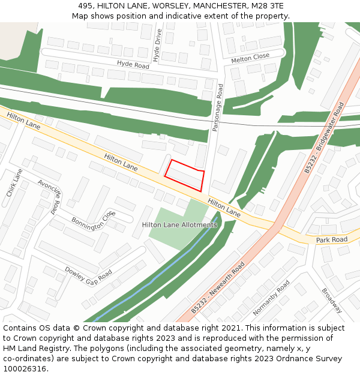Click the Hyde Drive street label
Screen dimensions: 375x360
point(158,45)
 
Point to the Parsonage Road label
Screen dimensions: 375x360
point(218,107)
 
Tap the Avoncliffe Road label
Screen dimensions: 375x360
point(49,196)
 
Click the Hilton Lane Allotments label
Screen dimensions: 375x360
point(179,225)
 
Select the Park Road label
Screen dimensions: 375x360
point(332,239)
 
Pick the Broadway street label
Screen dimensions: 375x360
point(332,301)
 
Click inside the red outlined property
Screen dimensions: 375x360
point(185,176)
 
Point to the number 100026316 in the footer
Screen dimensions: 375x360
point(25,369)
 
